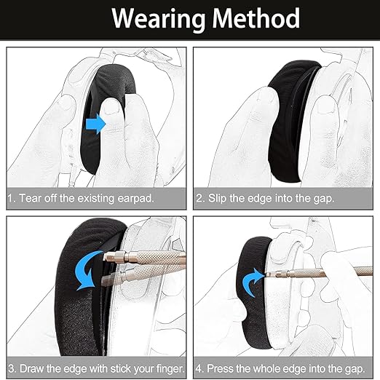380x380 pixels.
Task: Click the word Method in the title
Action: click(256, 18)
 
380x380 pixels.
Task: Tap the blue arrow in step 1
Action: click(96, 124)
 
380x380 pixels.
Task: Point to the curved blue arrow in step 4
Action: click(251, 282)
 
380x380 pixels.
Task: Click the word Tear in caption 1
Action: click(28, 198)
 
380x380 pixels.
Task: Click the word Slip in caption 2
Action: click(218, 198)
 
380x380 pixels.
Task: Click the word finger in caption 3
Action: click(170, 369)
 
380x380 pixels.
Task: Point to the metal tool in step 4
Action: click(319, 272)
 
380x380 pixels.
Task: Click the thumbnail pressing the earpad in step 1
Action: click(110, 107)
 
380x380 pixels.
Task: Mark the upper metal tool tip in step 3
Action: click(105, 256)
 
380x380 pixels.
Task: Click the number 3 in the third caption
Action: click(11, 369)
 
